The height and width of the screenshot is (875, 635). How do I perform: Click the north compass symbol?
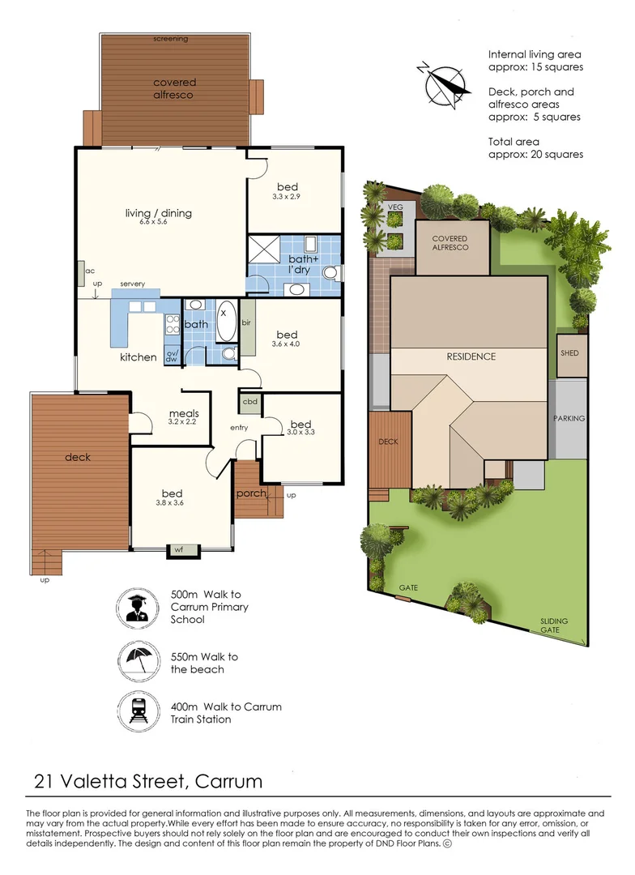pyautogui.click(x=442, y=83)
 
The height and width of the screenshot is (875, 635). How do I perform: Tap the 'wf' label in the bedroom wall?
pyautogui.click(x=180, y=549)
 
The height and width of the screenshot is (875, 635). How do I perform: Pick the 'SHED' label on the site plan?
pyautogui.click(x=570, y=354)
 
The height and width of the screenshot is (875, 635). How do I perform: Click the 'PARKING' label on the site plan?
pyautogui.click(x=569, y=419)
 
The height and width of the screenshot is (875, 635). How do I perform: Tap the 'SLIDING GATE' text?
pyautogui.click(x=555, y=626)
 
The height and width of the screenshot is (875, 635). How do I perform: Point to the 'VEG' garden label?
pyautogui.click(x=395, y=207)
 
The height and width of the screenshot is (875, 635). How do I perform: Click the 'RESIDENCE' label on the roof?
pyautogui.click(x=471, y=356)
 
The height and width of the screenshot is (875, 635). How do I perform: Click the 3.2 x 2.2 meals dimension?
pyautogui.click(x=184, y=423)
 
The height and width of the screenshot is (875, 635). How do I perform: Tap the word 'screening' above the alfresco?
pyautogui.click(x=171, y=38)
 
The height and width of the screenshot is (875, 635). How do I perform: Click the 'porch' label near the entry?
pyautogui.click(x=251, y=493)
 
